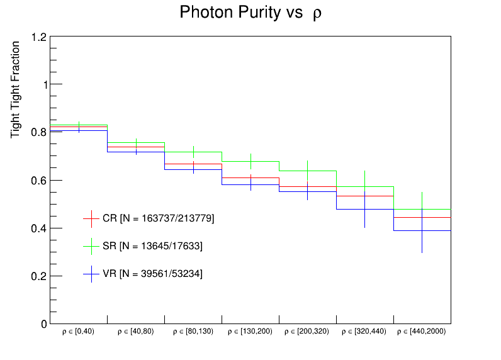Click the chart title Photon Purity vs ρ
250,13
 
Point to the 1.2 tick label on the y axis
39,37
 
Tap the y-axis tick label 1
43,85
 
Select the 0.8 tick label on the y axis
39,133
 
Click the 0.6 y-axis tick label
39,181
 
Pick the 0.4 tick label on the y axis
39,228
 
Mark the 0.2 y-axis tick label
39,276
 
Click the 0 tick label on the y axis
43,324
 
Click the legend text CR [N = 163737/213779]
159,218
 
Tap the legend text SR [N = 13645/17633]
152,246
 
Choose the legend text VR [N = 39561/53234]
152,273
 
